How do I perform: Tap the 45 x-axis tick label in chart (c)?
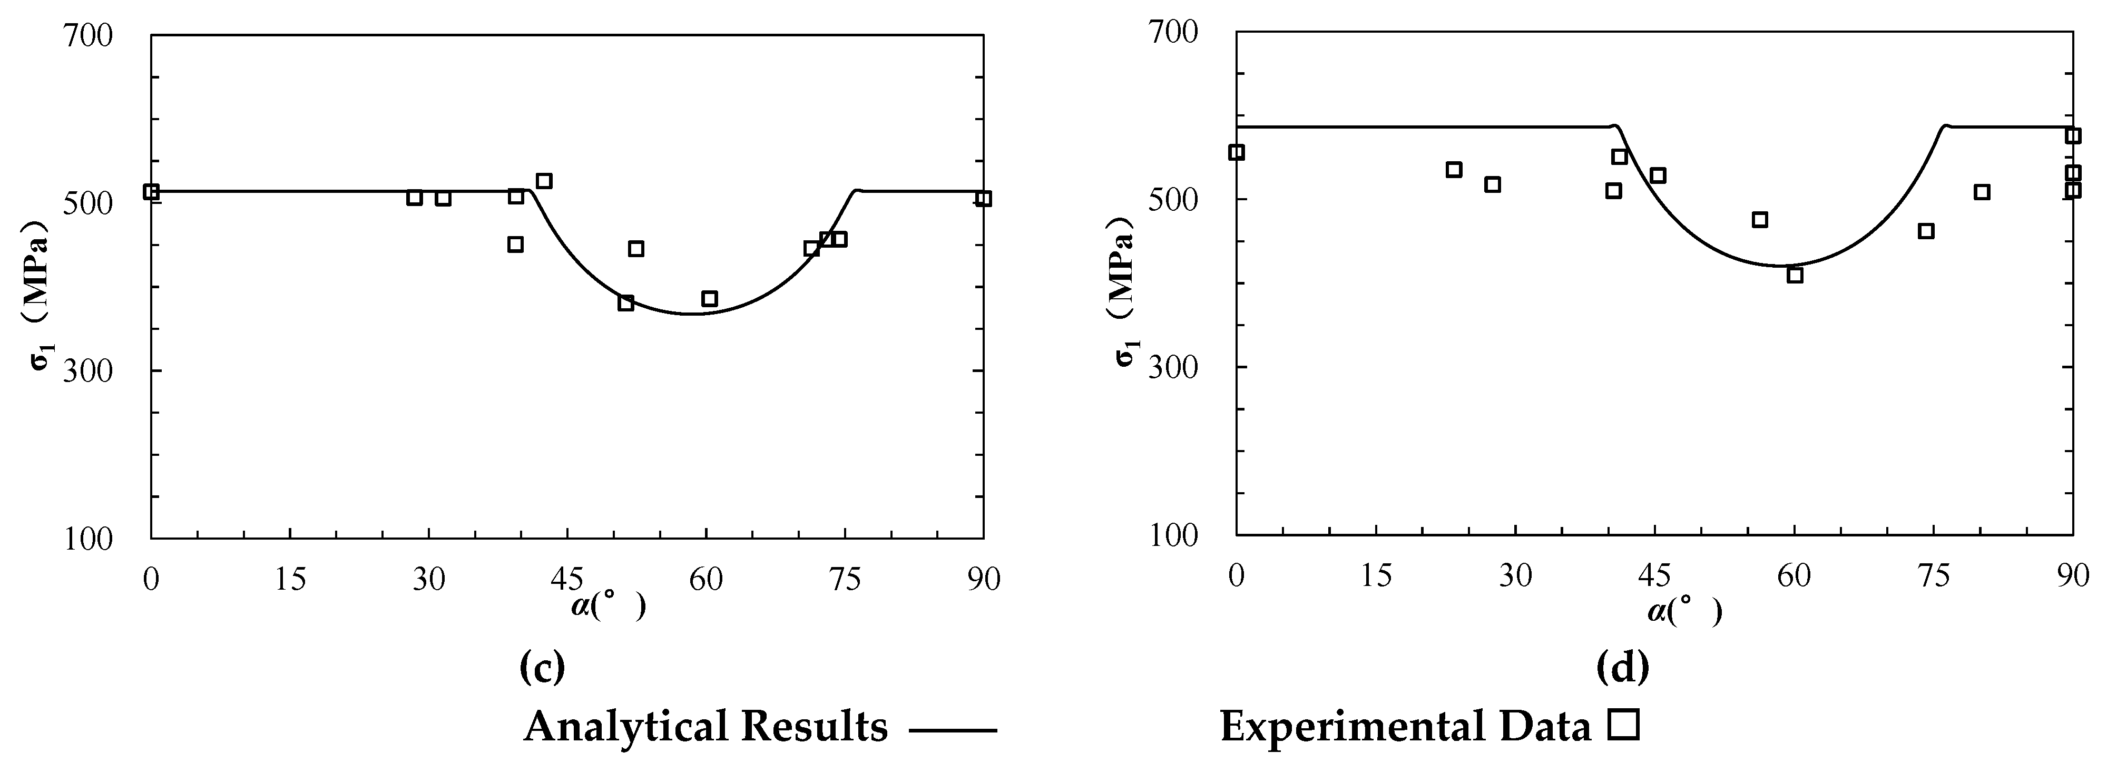click(x=567, y=580)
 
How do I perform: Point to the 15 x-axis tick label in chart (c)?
click(x=290, y=580)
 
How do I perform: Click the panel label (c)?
click(x=542, y=667)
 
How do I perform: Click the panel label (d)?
click(x=1623, y=667)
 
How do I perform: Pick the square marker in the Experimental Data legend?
click(x=1624, y=726)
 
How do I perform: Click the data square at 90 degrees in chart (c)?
click(x=983, y=199)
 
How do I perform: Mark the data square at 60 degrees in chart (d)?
click(x=1795, y=275)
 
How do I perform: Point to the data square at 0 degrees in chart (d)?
click(x=1237, y=152)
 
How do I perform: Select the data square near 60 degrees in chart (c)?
click(x=709, y=298)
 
